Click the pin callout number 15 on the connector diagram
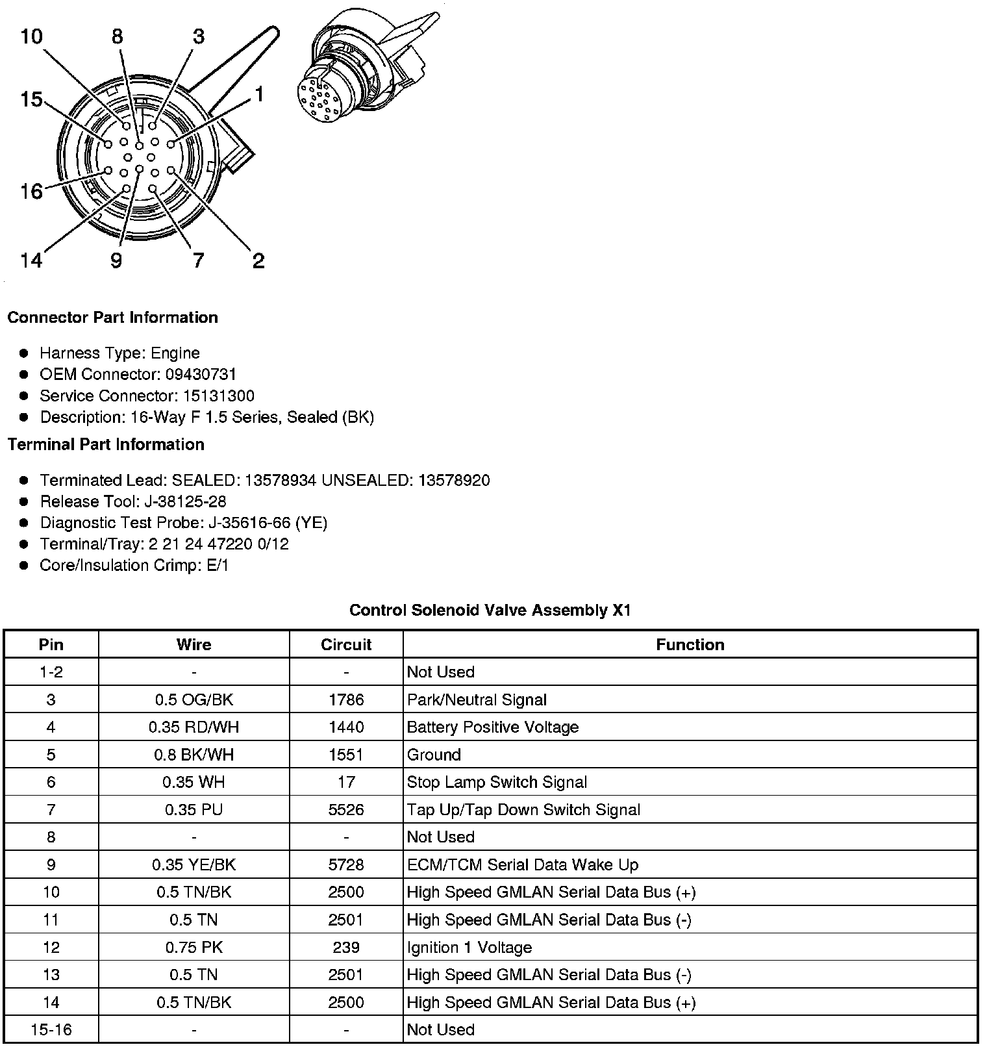coord(31,99)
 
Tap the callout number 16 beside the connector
coord(31,191)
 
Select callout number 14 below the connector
coord(31,260)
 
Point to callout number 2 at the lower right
coord(258,261)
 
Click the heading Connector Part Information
coord(112,318)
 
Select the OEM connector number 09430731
coord(201,374)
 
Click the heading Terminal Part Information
coord(106,444)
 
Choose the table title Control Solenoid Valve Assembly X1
coord(490,611)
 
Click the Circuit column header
coord(346,644)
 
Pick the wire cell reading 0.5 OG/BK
coord(194,700)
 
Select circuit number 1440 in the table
coord(346,727)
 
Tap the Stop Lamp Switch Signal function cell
coord(497,782)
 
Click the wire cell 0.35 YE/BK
coord(194,864)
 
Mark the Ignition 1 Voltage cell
coord(469,947)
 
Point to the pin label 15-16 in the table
coord(51,1029)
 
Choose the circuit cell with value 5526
coord(346,809)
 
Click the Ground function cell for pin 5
coord(434,755)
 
